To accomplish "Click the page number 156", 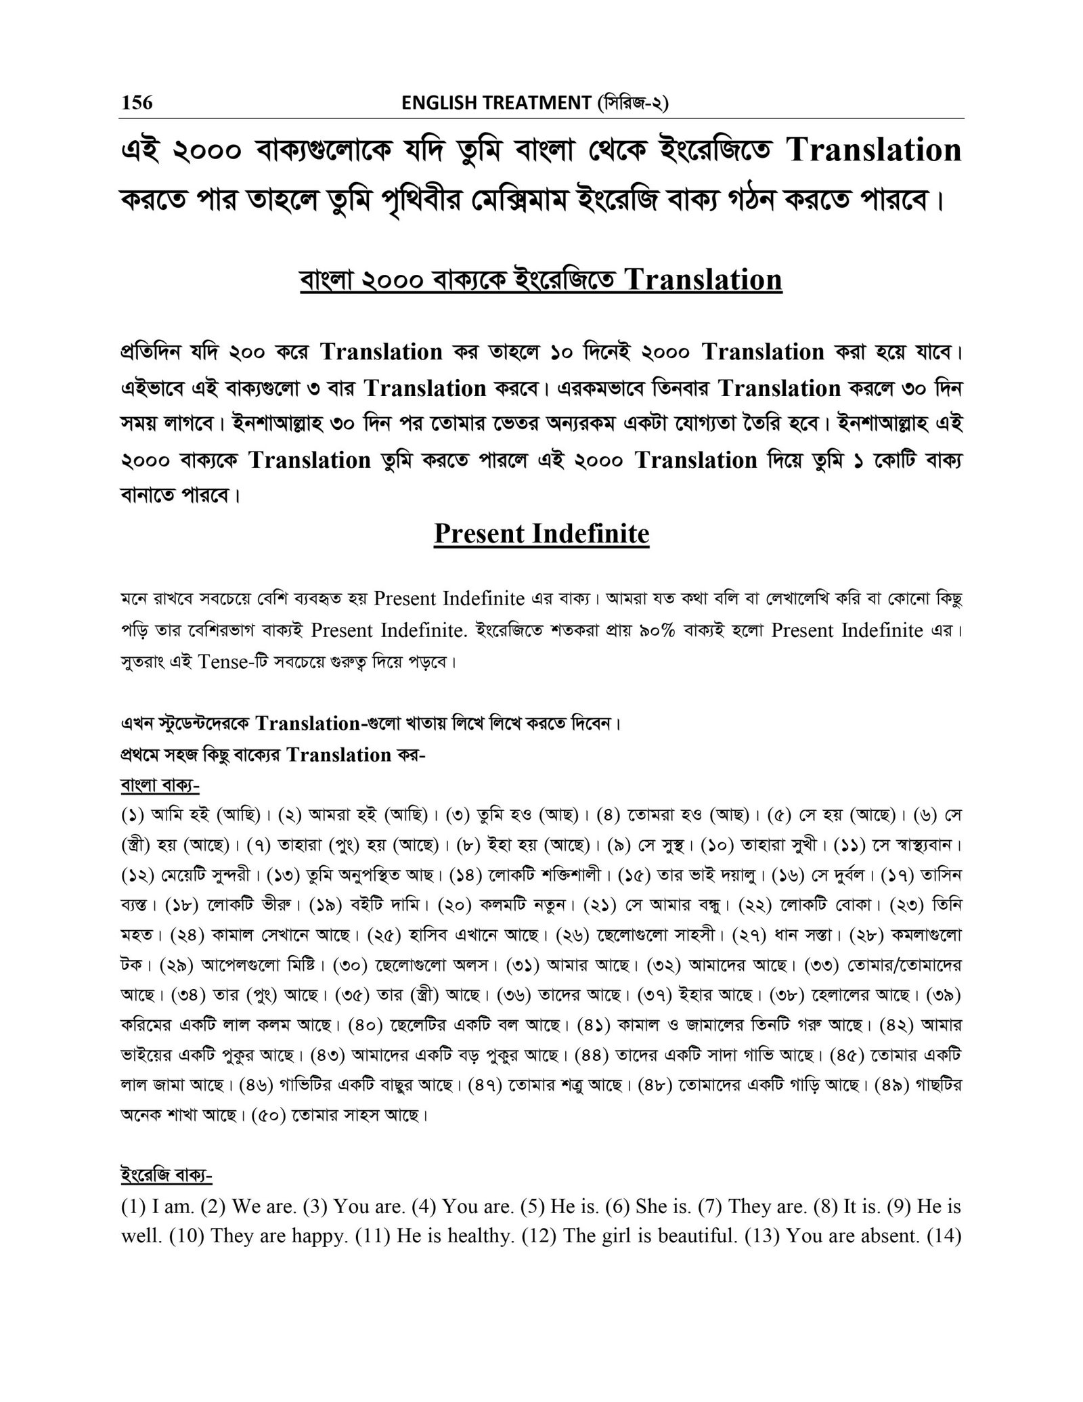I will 137,102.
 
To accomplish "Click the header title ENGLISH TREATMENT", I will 496,103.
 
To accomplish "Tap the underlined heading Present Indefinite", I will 541,533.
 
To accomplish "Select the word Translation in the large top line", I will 875,150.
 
